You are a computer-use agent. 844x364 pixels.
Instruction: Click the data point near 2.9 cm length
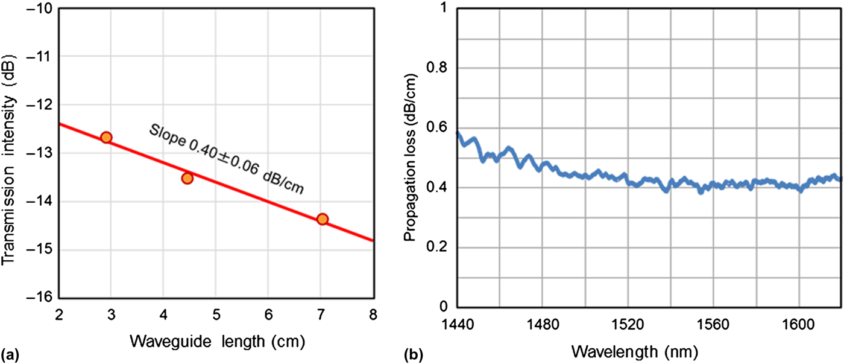coord(106,137)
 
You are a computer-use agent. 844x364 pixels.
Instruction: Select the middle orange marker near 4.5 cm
coord(187,177)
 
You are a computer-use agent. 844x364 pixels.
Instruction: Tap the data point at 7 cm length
coord(322,219)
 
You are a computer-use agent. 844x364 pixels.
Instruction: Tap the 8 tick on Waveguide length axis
coord(373,314)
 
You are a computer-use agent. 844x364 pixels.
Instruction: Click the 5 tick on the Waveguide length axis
coord(216,314)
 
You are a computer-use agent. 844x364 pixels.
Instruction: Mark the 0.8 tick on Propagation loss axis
coord(438,68)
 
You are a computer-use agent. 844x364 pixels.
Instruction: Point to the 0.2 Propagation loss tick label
coord(438,247)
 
